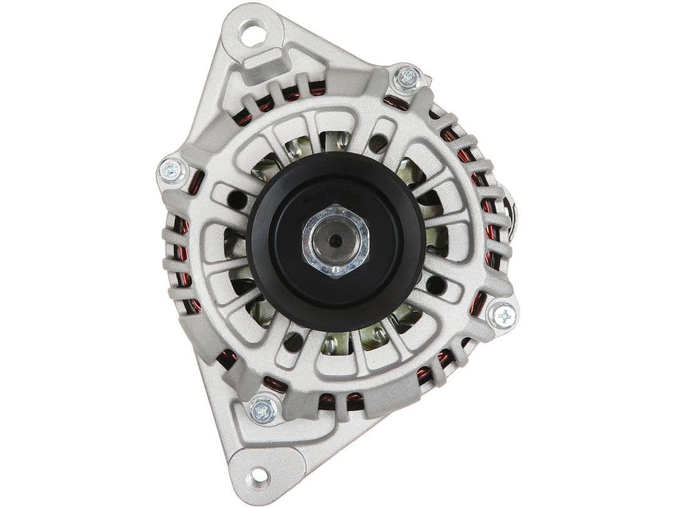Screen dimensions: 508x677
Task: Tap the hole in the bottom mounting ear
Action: [258, 477]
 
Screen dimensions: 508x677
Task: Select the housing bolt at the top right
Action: [408, 78]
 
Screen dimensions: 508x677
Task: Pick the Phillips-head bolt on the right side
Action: [503, 315]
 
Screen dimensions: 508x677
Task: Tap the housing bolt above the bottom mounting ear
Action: [264, 410]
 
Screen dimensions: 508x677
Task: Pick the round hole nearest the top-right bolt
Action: [377, 143]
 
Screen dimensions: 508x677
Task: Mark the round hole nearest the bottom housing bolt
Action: [292, 342]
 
